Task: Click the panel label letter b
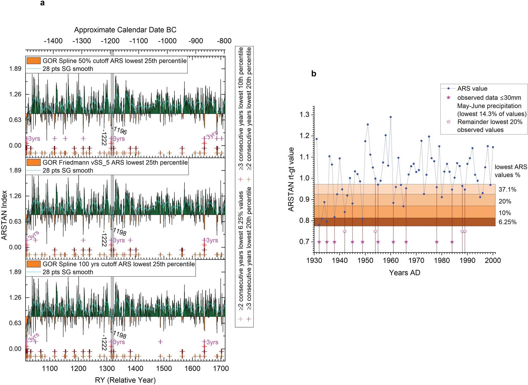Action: tap(314, 74)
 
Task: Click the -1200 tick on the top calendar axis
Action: tap(110, 41)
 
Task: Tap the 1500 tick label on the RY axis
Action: tap(164, 369)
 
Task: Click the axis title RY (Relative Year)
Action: tap(125, 380)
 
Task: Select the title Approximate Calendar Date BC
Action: tap(125, 30)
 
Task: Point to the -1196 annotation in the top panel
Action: tap(120, 130)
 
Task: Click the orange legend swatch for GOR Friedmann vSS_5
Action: tap(33, 162)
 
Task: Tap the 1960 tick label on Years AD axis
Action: tap(391, 260)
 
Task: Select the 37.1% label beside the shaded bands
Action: tap(507, 189)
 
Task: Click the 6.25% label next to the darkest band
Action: tap(507, 222)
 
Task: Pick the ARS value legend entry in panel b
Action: tap(472, 89)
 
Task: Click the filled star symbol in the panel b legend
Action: tap(449, 98)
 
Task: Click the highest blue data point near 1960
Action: tap(391, 117)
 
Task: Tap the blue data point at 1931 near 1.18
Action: tap(316, 139)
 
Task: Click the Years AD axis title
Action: tap(404, 273)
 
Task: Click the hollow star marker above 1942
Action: tap(344, 231)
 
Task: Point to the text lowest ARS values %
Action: tap(511, 171)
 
